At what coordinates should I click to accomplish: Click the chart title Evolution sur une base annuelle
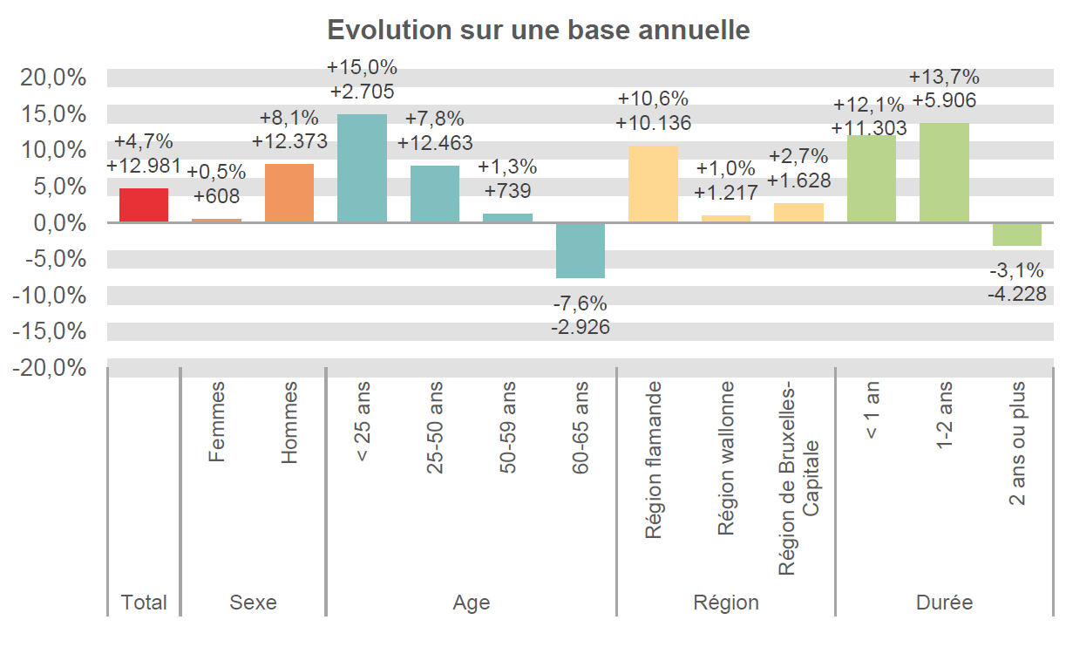coord(538,30)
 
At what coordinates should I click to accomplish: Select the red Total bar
coord(144,205)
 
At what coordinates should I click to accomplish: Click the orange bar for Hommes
coord(289,193)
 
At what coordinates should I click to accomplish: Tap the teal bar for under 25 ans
coord(362,167)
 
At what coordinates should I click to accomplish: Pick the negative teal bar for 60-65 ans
coord(581,250)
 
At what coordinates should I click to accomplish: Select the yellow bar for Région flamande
coord(653,184)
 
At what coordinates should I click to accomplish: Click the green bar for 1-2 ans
coord(944,173)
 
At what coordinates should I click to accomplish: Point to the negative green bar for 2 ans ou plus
coord(1017,234)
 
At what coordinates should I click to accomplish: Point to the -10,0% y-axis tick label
coord(51,296)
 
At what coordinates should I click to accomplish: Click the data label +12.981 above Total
coord(144,165)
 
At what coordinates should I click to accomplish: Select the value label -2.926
coord(581,328)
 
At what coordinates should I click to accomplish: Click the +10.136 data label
coord(653,123)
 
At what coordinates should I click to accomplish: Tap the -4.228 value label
coord(1017,295)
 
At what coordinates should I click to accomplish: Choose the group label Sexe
coord(253,603)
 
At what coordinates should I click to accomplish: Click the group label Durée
coord(944,603)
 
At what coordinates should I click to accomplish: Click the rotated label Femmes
coord(217,421)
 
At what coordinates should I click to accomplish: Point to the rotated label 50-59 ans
coord(507,427)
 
